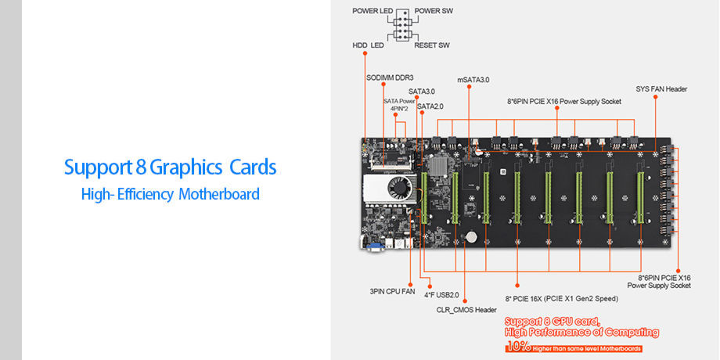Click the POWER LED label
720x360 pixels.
(372, 11)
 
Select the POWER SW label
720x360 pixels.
(434, 11)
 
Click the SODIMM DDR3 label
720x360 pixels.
(390, 77)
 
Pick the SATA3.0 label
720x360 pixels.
(422, 92)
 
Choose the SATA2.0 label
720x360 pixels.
(430, 106)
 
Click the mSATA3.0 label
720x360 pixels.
(473, 80)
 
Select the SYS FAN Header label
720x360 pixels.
(661, 89)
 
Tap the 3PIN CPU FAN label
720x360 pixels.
(392, 291)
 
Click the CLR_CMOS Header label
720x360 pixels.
(466, 310)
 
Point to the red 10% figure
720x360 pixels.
(517, 347)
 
